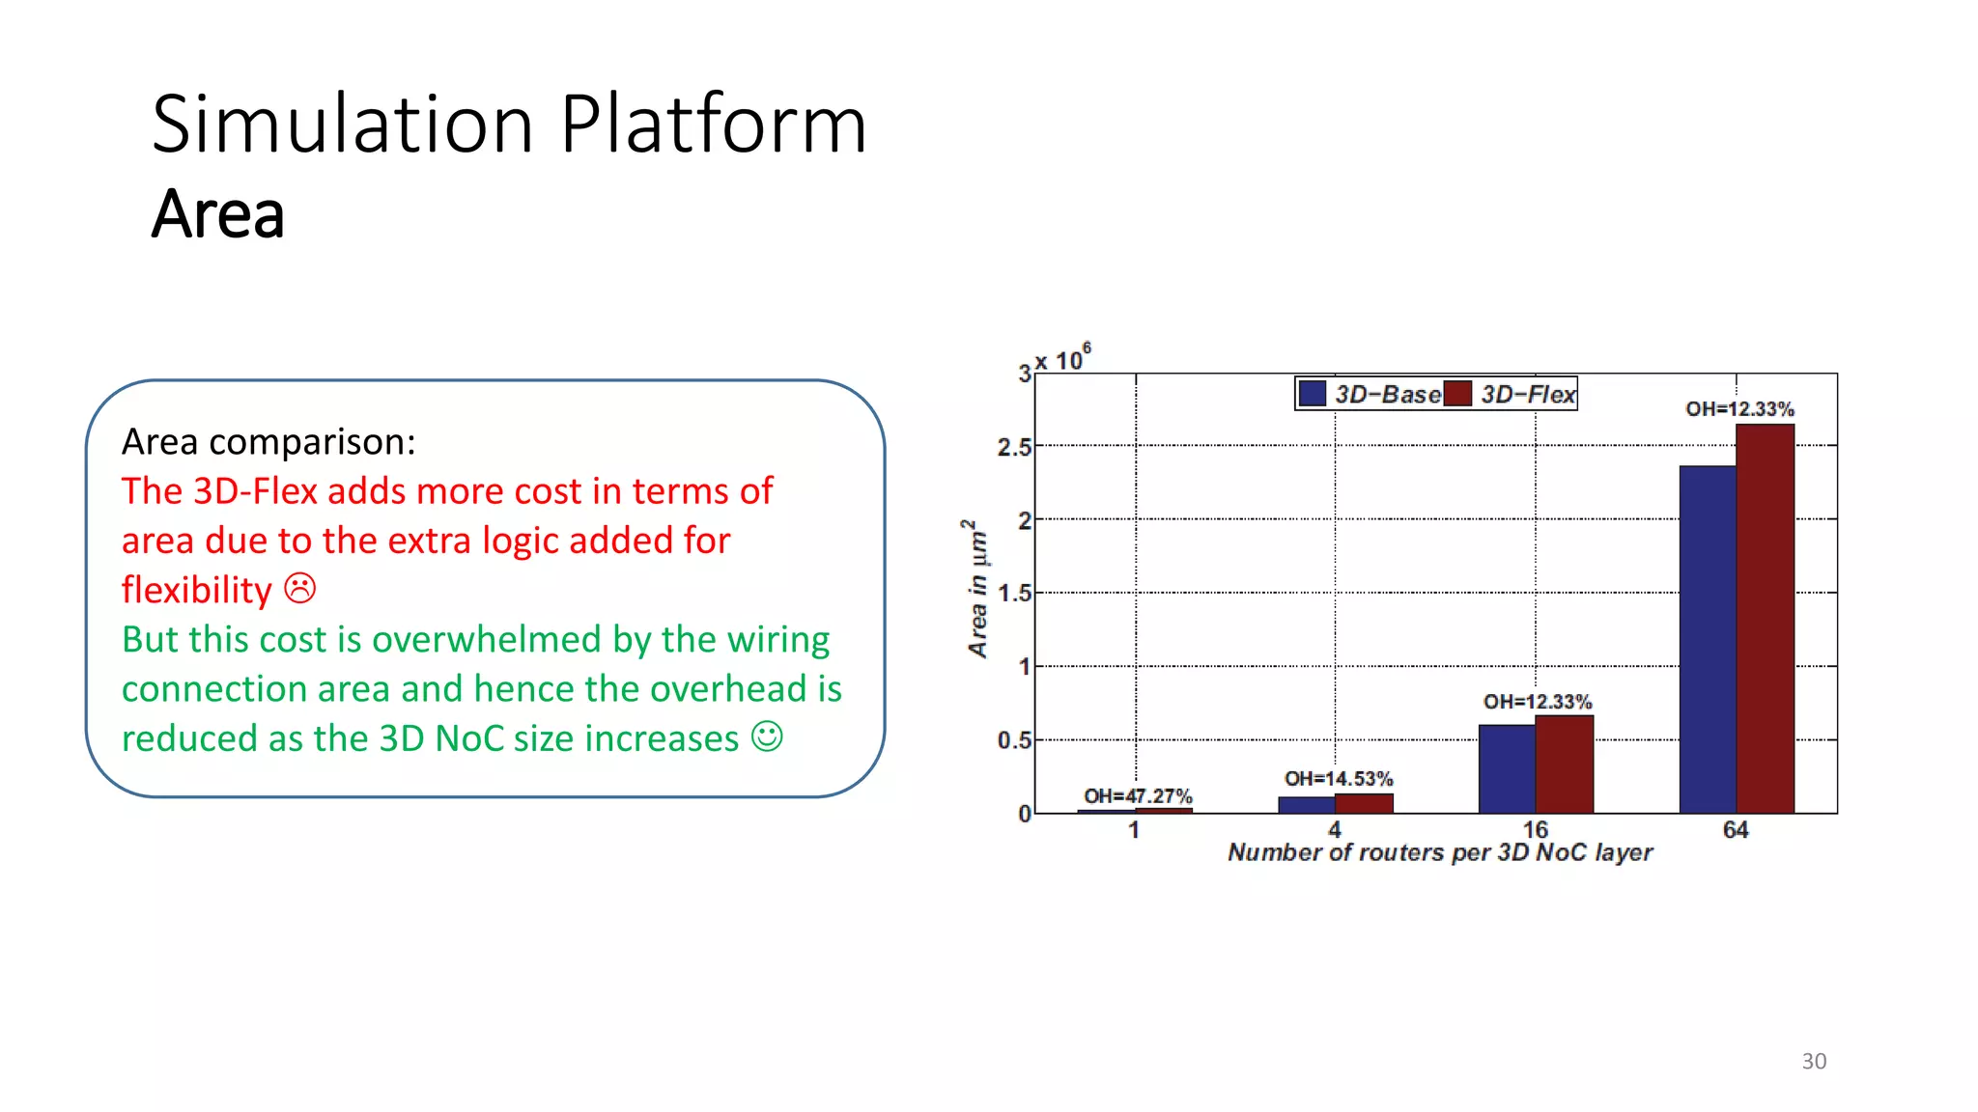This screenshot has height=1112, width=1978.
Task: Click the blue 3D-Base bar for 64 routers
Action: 1707,639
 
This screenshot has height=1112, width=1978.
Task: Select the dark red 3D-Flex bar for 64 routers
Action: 1765,619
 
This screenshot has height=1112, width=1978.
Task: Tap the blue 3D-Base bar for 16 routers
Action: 1507,768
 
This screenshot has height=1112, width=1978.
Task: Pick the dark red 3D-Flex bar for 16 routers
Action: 1564,764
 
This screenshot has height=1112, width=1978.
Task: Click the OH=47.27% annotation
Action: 1138,795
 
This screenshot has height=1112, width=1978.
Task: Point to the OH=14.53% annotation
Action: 1338,778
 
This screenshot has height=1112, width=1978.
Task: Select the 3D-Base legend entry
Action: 1370,394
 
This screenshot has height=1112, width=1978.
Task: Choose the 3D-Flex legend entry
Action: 1512,394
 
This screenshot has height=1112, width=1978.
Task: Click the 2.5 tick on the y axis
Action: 1013,447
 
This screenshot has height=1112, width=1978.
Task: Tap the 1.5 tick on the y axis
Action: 1013,593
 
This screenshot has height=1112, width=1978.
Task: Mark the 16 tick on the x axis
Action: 1535,829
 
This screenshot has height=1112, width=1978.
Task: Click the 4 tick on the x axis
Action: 1334,829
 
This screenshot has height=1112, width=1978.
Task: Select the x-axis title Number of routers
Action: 1439,852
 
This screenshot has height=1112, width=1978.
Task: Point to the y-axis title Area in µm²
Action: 977,589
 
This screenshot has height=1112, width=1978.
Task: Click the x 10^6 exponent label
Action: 1062,358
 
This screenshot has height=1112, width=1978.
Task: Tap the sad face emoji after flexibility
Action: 299,588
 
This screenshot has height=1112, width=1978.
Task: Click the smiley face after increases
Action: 767,737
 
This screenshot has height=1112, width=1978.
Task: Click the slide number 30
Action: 1813,1061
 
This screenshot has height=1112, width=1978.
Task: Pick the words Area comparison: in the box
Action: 268,441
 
